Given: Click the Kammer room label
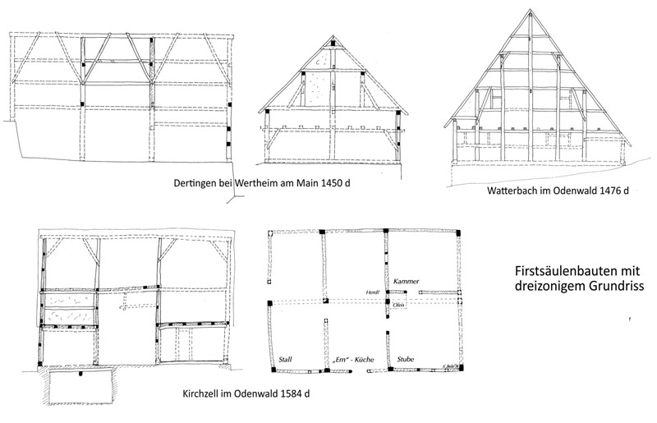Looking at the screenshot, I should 407,281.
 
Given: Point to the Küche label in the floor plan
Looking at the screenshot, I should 361,359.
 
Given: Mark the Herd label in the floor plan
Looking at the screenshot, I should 372,293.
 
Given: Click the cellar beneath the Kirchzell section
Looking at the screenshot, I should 81,389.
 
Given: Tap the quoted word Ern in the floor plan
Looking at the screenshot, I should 340,359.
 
